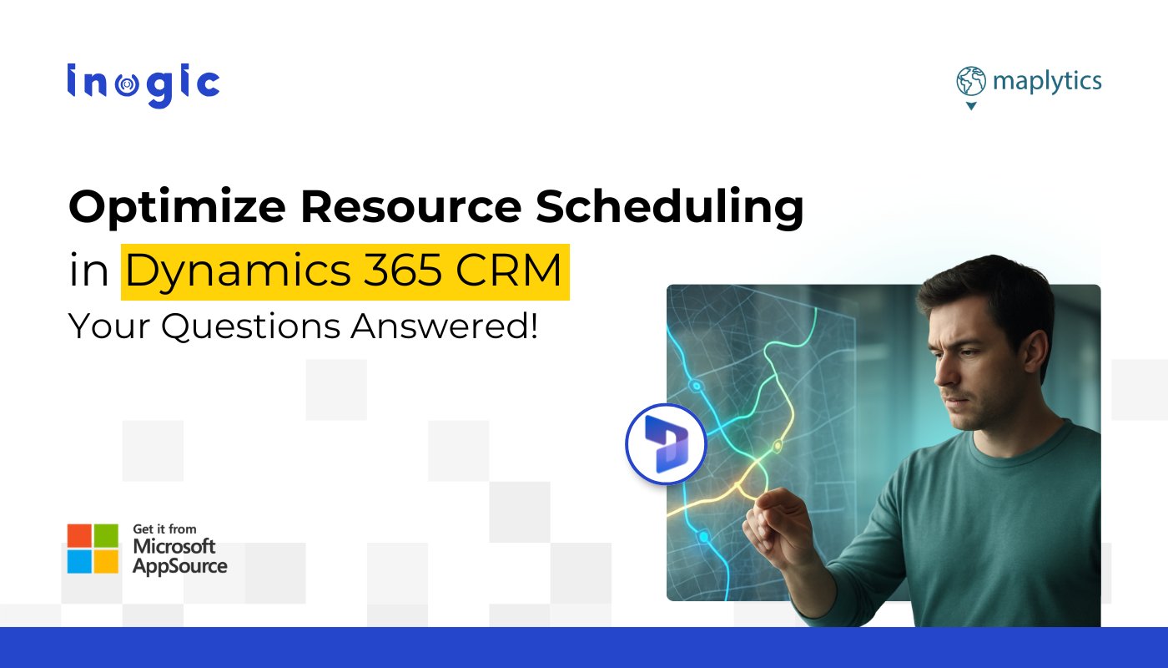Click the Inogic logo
[x=143, y=84]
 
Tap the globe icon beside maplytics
[x=970, y=83]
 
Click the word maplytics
[x=1047, y=82]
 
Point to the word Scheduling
[x=669, y=208]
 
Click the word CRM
[x=518, y=272]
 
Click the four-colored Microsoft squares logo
[x=93, y=549]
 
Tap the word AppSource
[x=179, y=565]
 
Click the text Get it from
[x=164, y=529]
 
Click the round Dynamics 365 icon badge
[x=665, y=444]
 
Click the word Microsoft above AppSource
[x=174, y=547]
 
